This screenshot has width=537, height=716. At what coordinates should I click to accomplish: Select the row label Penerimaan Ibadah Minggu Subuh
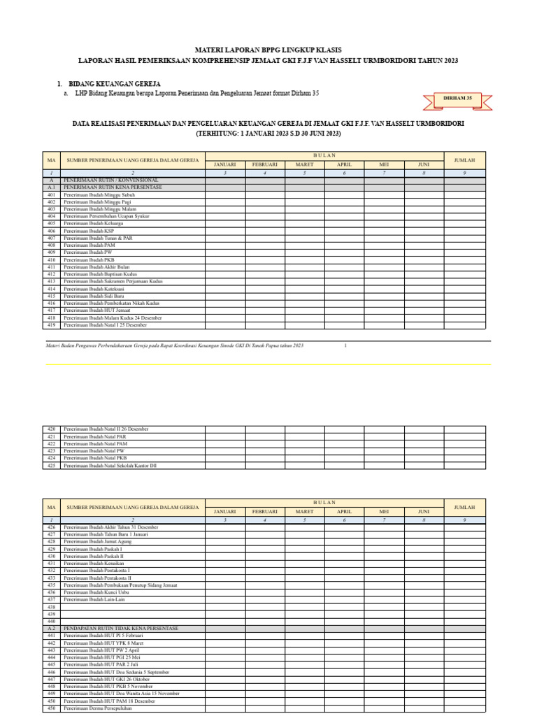tap(99, 194)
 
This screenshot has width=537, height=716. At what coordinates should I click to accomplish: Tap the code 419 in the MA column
tap(51, 325)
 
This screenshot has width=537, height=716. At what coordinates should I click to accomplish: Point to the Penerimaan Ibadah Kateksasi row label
tap(93, 289)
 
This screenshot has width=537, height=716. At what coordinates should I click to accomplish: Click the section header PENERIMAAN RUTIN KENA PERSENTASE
tap(113, 187)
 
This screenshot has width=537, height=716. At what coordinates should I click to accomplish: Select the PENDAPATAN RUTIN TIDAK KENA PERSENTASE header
tap(120, 629)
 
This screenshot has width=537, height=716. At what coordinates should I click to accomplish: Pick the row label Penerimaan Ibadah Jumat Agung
tap(96, 542)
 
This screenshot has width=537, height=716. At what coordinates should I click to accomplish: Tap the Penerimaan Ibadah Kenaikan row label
tap(94, 564)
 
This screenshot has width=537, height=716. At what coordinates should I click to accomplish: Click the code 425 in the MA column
tap(51, 465)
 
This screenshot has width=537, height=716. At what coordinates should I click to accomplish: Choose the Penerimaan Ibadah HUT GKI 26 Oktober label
tap(106, 679)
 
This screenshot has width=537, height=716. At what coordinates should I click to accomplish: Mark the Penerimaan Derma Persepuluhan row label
tap(97, 708)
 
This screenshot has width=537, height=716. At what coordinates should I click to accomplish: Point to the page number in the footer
tap(345, 345)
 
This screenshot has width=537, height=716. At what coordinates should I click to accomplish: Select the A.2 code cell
tap(51, 629)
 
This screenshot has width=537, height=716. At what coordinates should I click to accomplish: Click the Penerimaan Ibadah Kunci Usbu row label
tap(96, 592)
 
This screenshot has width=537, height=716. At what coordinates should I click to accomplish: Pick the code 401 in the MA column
tap(51, 194)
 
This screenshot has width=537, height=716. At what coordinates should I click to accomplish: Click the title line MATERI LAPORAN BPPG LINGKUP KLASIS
tap(268, 50)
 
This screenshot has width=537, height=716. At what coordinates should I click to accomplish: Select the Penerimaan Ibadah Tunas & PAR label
tap(97, 238)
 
